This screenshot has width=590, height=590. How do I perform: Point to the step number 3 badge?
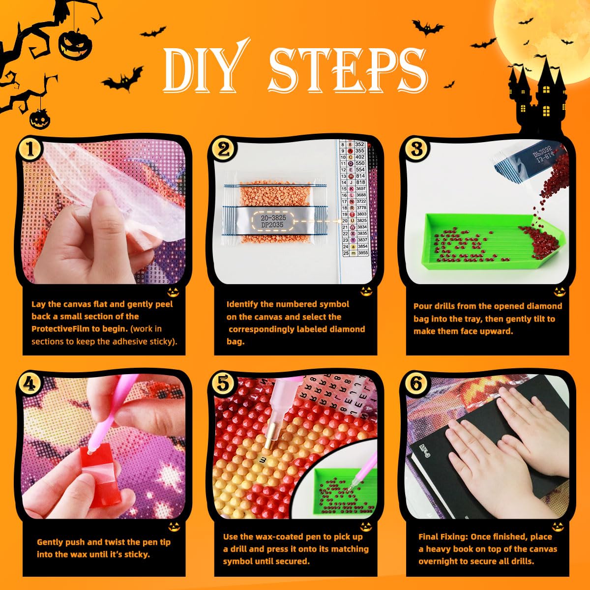pos(416,149)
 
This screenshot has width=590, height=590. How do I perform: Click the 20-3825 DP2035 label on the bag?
pos(272,221)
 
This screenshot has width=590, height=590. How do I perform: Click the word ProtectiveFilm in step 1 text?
pos(59,329)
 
